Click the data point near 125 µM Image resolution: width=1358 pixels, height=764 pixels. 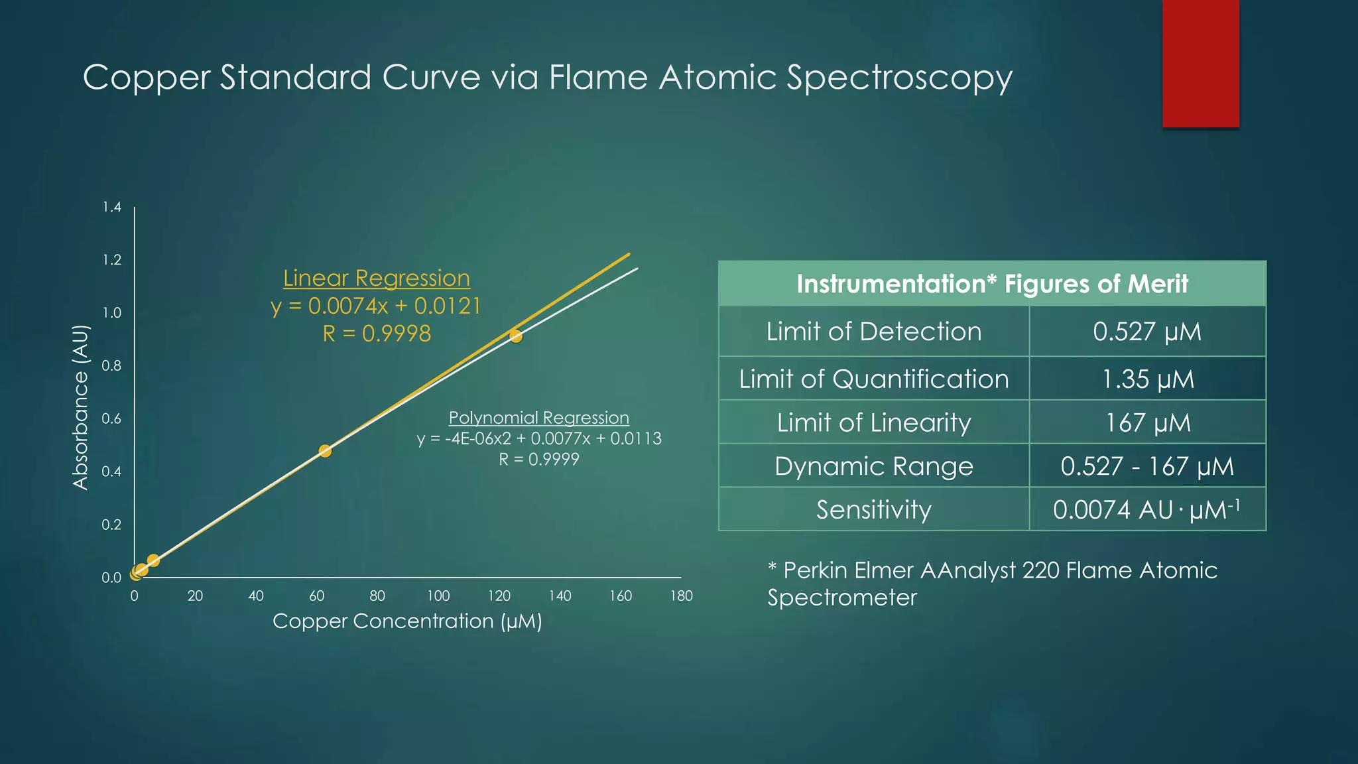516,336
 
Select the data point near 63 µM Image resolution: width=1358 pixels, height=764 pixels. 325,451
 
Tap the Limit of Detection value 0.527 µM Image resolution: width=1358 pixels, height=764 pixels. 1147,332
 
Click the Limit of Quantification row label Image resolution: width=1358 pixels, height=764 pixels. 874,379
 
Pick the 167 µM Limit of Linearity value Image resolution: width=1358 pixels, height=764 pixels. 1147,423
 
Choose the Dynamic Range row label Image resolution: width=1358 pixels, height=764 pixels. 874,466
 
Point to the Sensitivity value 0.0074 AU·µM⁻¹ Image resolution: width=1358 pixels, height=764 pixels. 1147,510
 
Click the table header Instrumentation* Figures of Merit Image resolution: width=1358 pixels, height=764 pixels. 992,284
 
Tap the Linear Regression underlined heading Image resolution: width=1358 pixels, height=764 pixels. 377,279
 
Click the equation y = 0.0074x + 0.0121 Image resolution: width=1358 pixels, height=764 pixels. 376,306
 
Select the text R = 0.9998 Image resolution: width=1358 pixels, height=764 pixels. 377,334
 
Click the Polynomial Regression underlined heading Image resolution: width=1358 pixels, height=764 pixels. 538,418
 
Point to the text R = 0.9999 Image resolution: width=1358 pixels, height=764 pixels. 538,459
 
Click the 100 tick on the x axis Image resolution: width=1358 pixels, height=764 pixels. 438,596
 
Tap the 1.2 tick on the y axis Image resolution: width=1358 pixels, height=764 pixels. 112,260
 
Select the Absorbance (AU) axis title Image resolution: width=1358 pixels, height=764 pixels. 80,407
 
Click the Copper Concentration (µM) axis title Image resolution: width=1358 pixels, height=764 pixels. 407,621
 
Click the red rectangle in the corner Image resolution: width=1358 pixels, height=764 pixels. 1200,64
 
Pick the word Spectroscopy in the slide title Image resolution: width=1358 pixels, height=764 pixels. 899,78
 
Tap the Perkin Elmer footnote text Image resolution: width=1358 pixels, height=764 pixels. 992,584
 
